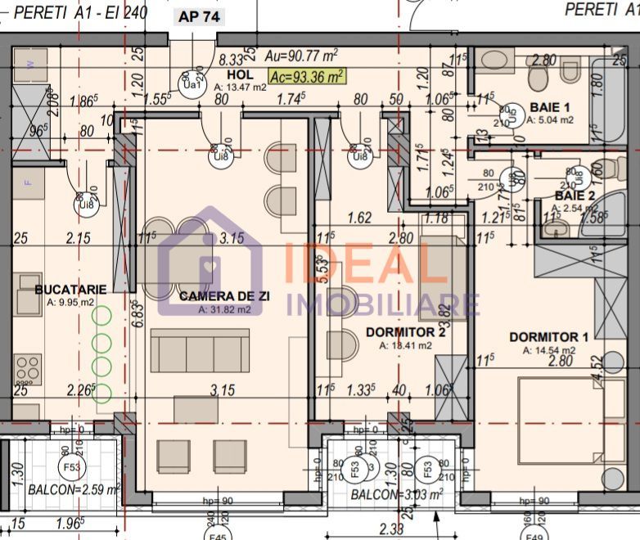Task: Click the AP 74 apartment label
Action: pyautogui.click(x=198, y=16)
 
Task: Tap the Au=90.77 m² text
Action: pyautogui.click(x=302, y=56)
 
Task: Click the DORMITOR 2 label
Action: pyautogui.click(x=406, y=332)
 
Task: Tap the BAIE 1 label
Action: pyautogui.click(x=551, y=107)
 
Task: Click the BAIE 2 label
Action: pyautogui.click(x=575, y=196)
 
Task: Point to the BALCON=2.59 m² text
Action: pyautogui.click(x=74, y=490)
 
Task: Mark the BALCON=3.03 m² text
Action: pyautogui.click(x=397, y=494)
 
